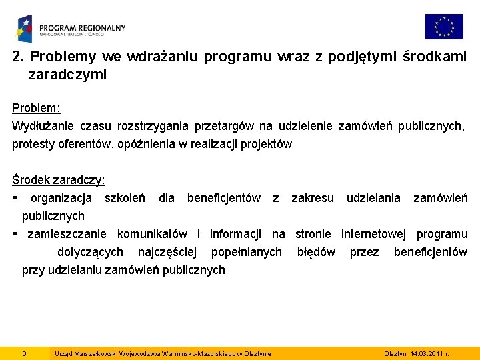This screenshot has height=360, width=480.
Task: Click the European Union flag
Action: tap(444, 27)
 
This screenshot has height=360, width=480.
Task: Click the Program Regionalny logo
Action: tap(71, 29)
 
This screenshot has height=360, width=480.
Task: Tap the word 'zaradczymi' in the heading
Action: tap(67, 75)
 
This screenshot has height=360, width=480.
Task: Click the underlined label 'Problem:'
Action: tap(36, 107)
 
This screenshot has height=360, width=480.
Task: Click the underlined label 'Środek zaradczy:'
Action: tap(59, 179)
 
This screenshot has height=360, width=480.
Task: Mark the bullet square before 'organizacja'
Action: tap(15, 198)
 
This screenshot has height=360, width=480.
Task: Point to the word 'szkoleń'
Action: tap(125, 197)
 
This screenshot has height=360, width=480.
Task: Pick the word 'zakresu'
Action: tap(313, 197)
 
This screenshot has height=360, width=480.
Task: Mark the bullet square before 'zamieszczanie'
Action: tap(15, 234)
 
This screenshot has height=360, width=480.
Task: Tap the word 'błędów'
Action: tap(316, 251)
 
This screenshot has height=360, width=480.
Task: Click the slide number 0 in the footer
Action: tap(24, 353)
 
